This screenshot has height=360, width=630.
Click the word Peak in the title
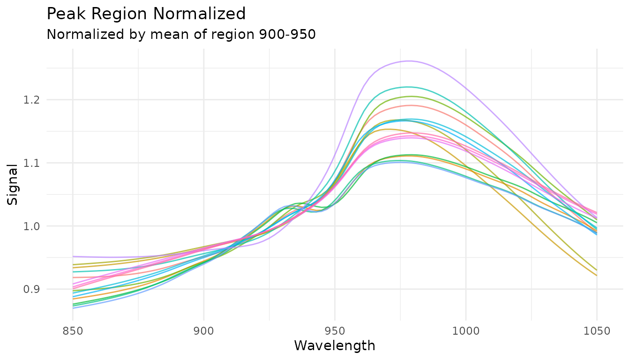[x=64, y=14]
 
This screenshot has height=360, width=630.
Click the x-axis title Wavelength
[x=334, y=346]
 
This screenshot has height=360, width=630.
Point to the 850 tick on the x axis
[x=73, y=331]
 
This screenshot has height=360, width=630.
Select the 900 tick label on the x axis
[x=203, y=331]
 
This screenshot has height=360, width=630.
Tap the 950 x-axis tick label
[x=335, y=331]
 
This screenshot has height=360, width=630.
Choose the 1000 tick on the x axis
[x=465, y=331]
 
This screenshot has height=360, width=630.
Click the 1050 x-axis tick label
[x=597, y=331]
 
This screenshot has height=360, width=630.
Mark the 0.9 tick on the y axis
[x=35, y=289]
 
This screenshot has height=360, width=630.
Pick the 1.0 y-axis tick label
[x=35, y=226]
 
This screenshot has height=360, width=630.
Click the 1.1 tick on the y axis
[x=35, y=163]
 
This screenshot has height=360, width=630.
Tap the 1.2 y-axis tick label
[x=35, y=100]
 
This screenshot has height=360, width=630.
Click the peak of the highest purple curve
[x=409, y=61]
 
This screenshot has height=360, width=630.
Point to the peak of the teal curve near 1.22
[x=407, y=87]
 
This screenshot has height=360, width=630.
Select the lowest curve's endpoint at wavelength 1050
[x=597, y=276]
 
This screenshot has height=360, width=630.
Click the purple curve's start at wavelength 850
[x=73, y=256]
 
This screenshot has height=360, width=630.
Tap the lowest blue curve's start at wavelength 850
[x=73, y=308]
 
